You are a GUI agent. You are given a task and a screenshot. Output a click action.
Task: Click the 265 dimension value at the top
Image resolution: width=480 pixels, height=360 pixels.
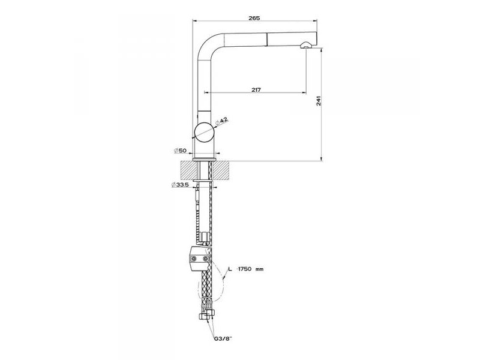click(254, 18)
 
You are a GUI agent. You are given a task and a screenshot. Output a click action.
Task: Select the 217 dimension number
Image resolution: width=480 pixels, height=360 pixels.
click(256, 89)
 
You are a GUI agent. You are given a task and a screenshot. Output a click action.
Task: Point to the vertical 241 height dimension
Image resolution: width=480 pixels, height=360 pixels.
click(319, 101)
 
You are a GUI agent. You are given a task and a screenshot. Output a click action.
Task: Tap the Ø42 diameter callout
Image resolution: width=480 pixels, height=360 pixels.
click(222, 121)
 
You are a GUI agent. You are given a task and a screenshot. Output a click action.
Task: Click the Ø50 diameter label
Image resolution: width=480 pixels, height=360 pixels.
click(180, 151)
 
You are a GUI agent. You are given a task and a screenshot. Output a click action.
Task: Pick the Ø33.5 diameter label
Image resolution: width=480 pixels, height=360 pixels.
click(180, 185)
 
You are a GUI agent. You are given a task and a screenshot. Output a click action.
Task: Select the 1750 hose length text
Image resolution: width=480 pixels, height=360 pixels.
click(245, 269)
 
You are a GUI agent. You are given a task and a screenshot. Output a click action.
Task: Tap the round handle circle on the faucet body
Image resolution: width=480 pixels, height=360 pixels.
click(205, 132)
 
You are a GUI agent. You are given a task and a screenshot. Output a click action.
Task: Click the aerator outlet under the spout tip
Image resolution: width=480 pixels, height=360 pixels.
click(306, 46)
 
